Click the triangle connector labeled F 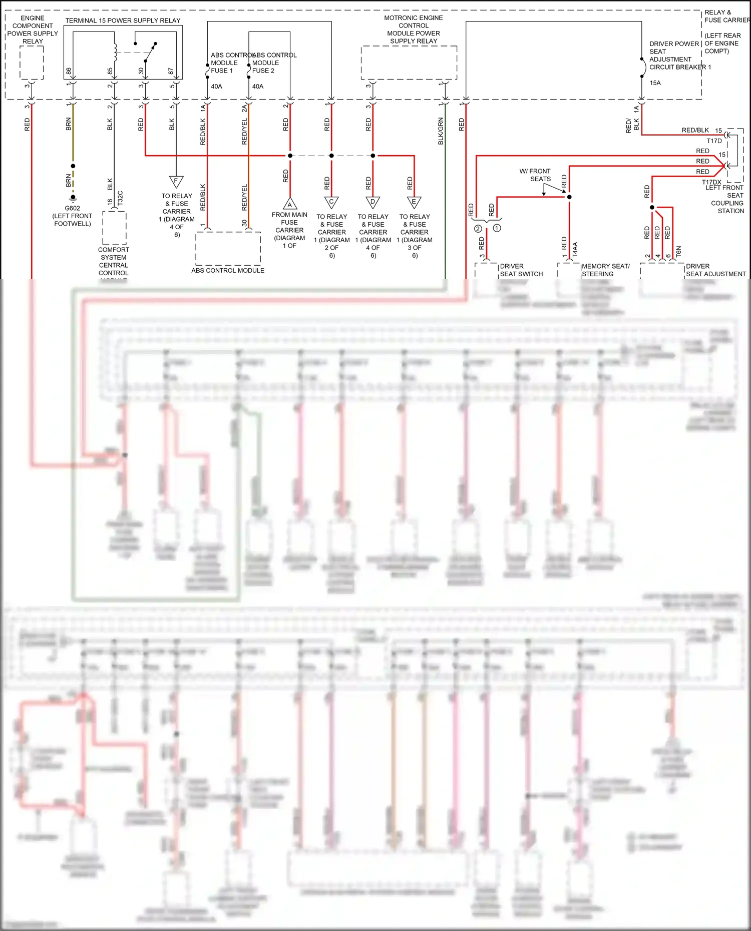point(176,181)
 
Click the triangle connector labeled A point(289,204)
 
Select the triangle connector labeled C point(331,202)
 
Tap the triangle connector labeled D point(372,202)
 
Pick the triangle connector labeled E point(414,202)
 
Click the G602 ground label point(72,208)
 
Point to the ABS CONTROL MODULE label point(228,271)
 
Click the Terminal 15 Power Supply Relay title point(123,21)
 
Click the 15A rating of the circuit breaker point(655,83)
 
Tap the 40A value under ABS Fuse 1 point(216,87)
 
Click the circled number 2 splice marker point(478,229)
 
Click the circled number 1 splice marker point(497,228)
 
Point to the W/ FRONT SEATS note point(535,175)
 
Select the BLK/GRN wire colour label point(441,131)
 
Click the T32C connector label point(120,198)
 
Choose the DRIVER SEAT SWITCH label point(521,270)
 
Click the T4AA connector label point(575,250)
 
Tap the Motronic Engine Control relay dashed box point(409,63)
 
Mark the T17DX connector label point(711,182)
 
